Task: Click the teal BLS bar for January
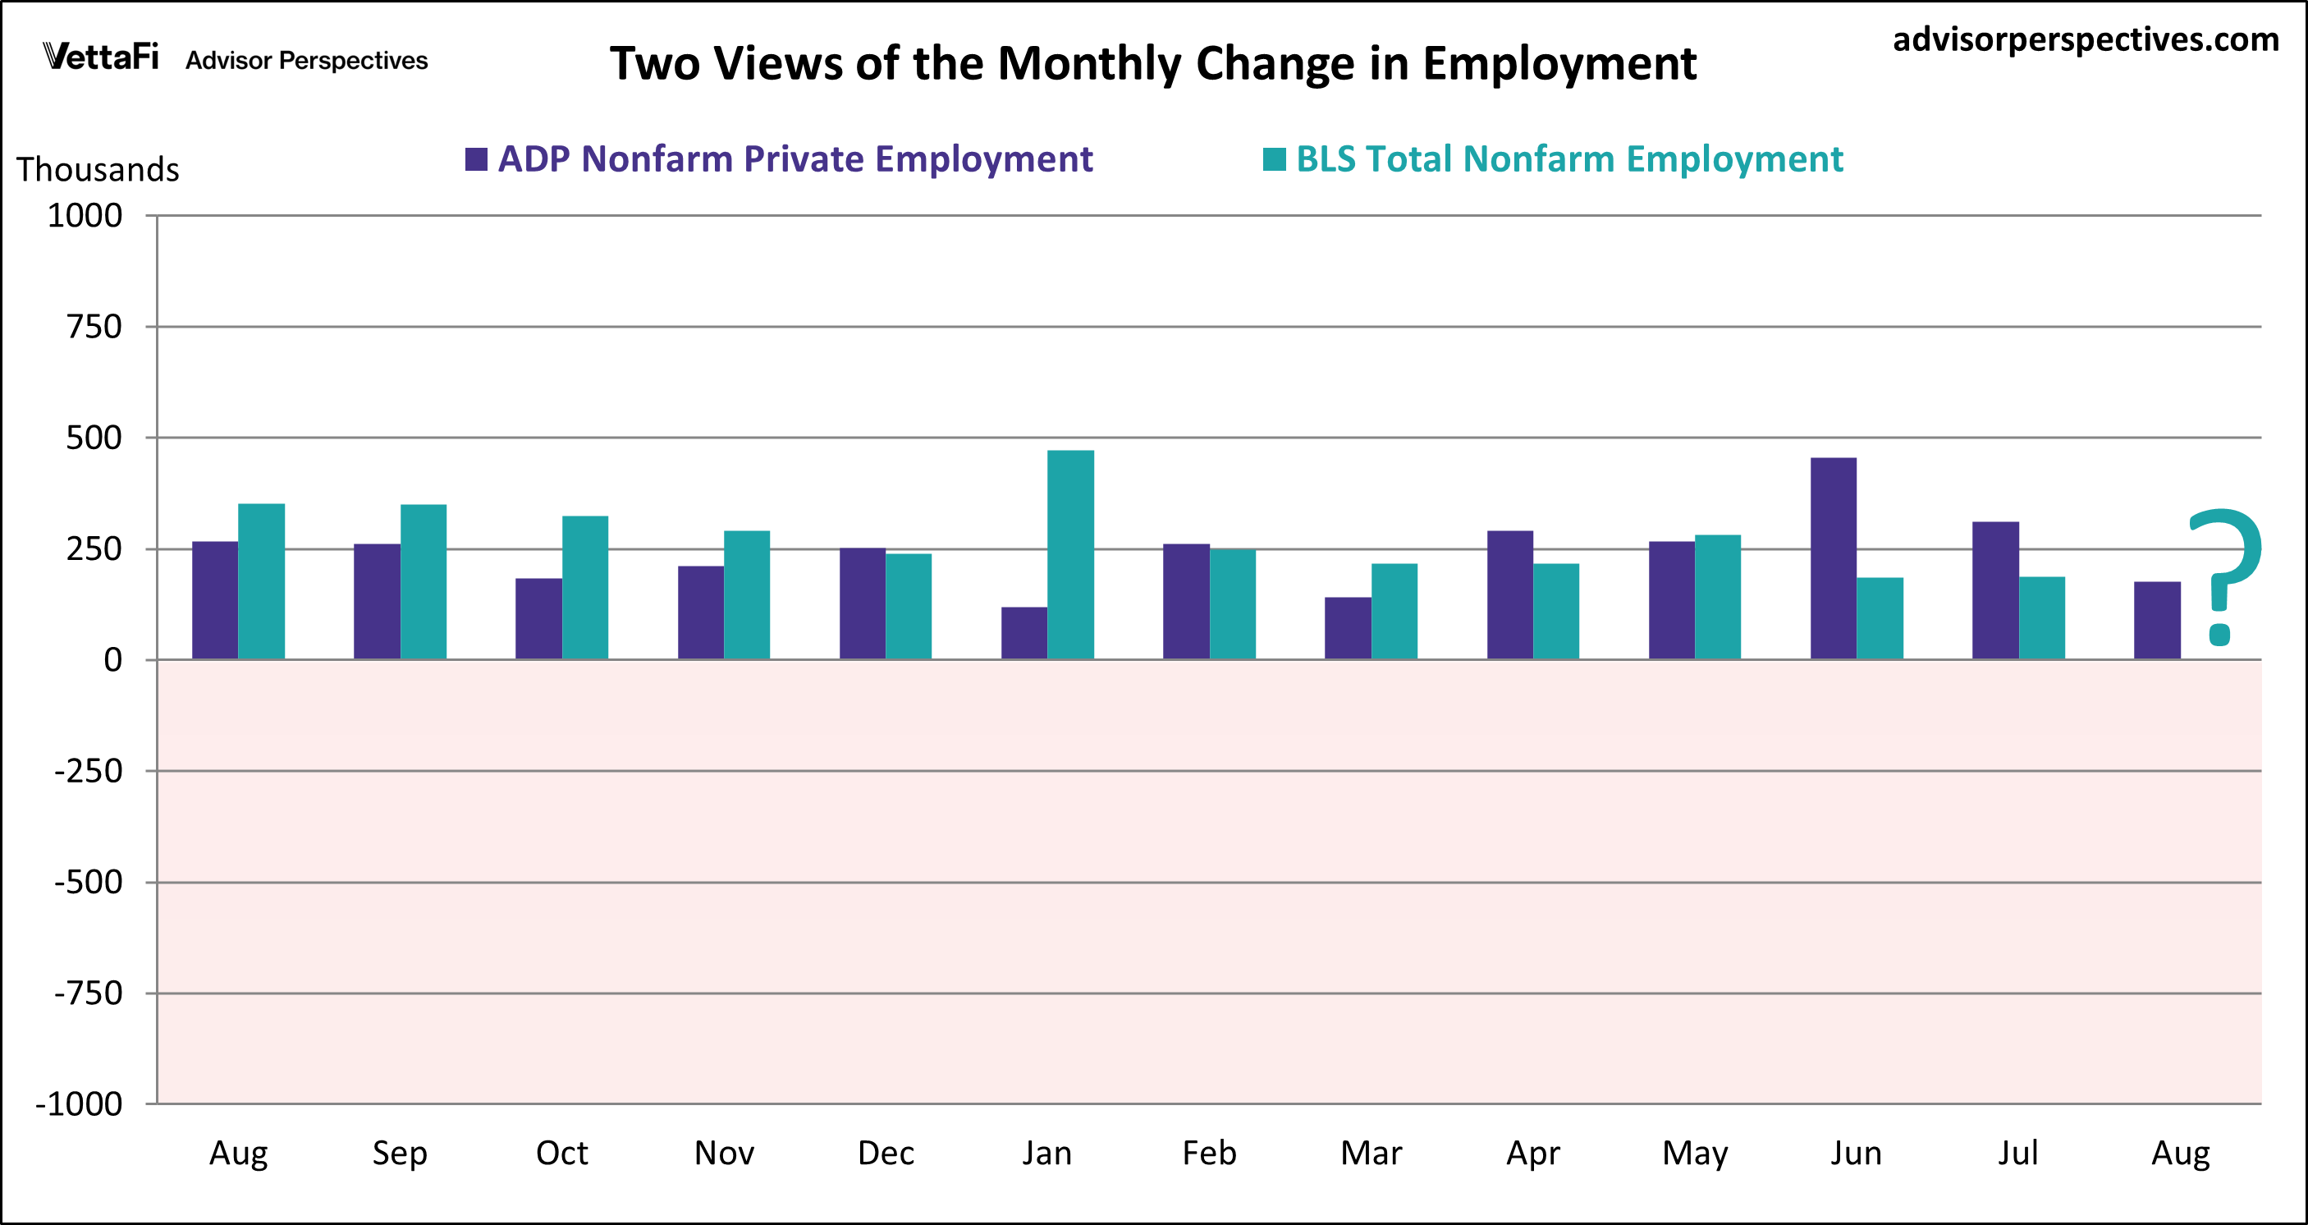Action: pyautogui.click(x=1070, y=555)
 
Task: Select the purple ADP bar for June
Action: pyautogui.click(x=1833, y=558)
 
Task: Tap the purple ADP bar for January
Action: pyautogui.click(x=1024, y=633)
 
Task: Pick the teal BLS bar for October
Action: pyautogui.click(x=585, y=587)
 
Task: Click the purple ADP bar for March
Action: pyautogui.click(x=1348, y=627)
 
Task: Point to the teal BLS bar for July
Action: pyautogui.click(x=2042, y=617)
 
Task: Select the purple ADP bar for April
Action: pyautogui.click(x=1509, y=595)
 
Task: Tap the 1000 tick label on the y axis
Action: pyautogui.click(x=85, y=216)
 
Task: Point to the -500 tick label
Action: pyautogui.click(x=88, y=883)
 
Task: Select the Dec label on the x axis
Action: pyautogui.click(x=886, y=1153)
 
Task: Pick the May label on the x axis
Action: pyautogui.click(x=1694, y=1154)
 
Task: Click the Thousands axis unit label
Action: pyautogui.click(x=98, y=169)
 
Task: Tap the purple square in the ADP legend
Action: pyautogui.click(x=476, y=159)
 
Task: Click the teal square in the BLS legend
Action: pyautogui.click(x=1274, y=159)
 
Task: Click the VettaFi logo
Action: pyautogui.click(x=101, y=57)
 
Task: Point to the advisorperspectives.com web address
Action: pyautogui.click(x=2085, y=39)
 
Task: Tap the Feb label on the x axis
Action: pyautogui.click(x=1209, y=1153)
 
